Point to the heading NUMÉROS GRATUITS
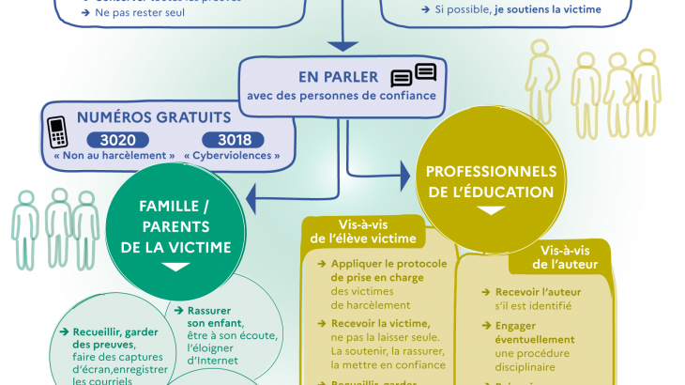[x=153, y=117]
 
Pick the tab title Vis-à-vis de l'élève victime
[x=363, y=231]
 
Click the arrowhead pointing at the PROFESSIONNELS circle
[x=404, y=174]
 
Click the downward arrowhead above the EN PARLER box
[x=342, y=44]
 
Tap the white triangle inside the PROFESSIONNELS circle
[x=490, y=210]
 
